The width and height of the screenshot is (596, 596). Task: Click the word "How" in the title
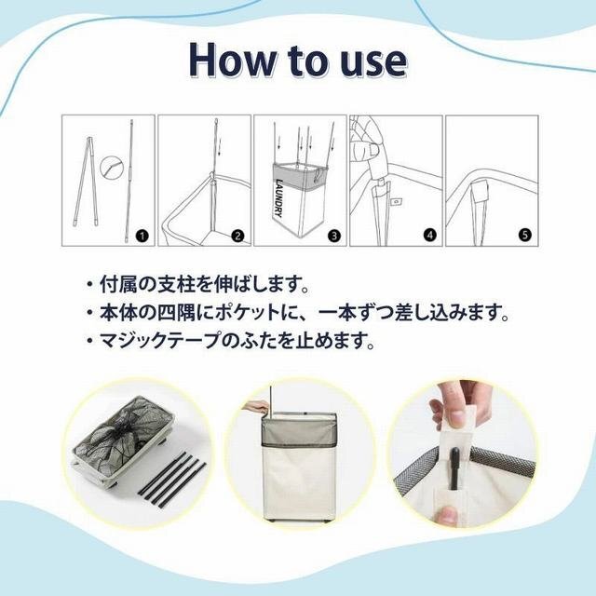point(234,61)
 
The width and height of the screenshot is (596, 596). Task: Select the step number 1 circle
point(142,236)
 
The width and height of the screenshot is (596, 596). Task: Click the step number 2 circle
point(238,236)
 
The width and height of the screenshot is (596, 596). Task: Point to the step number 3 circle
point(334,236)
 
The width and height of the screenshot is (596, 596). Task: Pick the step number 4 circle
point(429,236)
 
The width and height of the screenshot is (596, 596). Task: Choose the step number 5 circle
point(525,236)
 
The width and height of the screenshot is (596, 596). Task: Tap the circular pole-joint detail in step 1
point(112,168)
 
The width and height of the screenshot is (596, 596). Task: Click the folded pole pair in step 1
point(88,182)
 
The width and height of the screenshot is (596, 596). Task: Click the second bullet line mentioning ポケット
point(298,313)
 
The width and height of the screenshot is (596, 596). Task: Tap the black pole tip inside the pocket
point(454,468)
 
